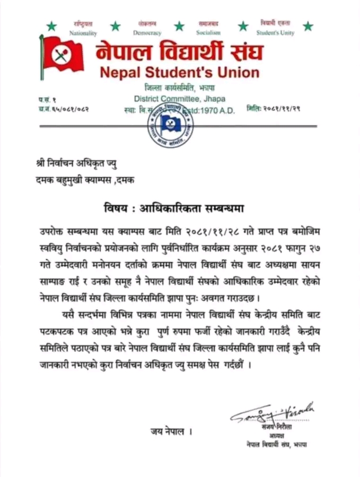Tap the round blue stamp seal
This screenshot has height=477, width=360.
tap(170, 125)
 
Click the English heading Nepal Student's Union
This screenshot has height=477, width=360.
tap(180, 72)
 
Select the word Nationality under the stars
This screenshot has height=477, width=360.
tap(83, 33)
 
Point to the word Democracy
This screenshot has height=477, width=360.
tap(147, 33)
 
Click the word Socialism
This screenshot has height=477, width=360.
tap(208, 33)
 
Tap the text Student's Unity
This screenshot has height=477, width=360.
tap(275, 33)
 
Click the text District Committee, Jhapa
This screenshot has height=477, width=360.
tap(179, 98)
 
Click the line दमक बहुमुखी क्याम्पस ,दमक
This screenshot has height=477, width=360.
tap(82, 180)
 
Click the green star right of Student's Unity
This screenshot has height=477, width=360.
tap(308, 26)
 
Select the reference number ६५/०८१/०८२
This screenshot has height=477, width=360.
tap(69, 109)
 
